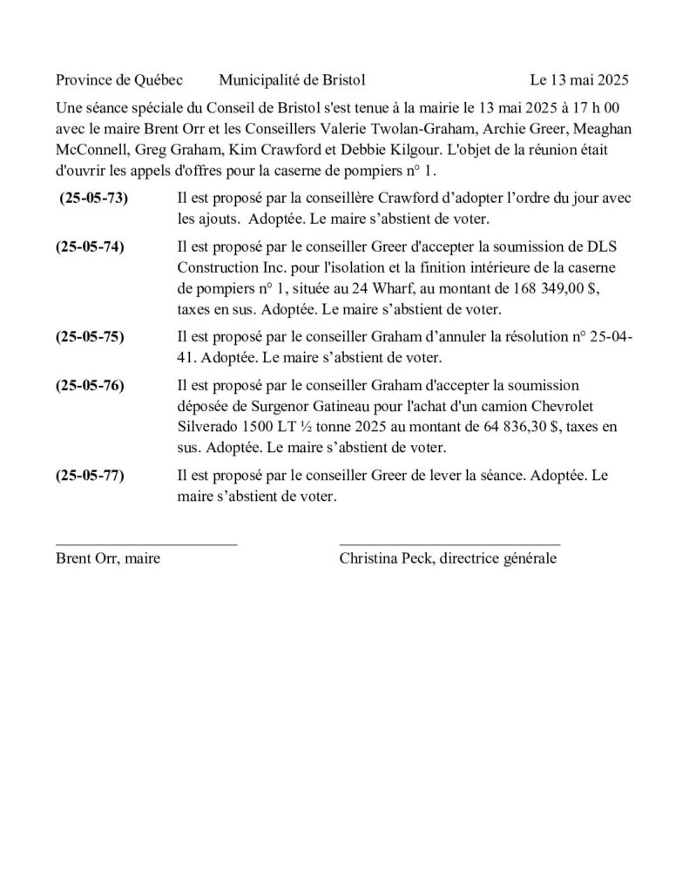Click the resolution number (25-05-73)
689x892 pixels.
click(x=93, y=199)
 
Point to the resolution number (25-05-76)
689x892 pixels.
click(x=90, y=384)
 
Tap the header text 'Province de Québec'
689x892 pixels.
click(x=118, y=80)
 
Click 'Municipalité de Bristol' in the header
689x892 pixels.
click(x=292, y=80)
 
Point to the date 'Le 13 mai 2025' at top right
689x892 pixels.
click(x=578, y=80)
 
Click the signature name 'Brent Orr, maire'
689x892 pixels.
click(x=107, y=558)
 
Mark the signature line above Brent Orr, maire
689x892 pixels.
click(x=145, y=544)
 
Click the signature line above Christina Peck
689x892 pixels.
click(x=449, y=544)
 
